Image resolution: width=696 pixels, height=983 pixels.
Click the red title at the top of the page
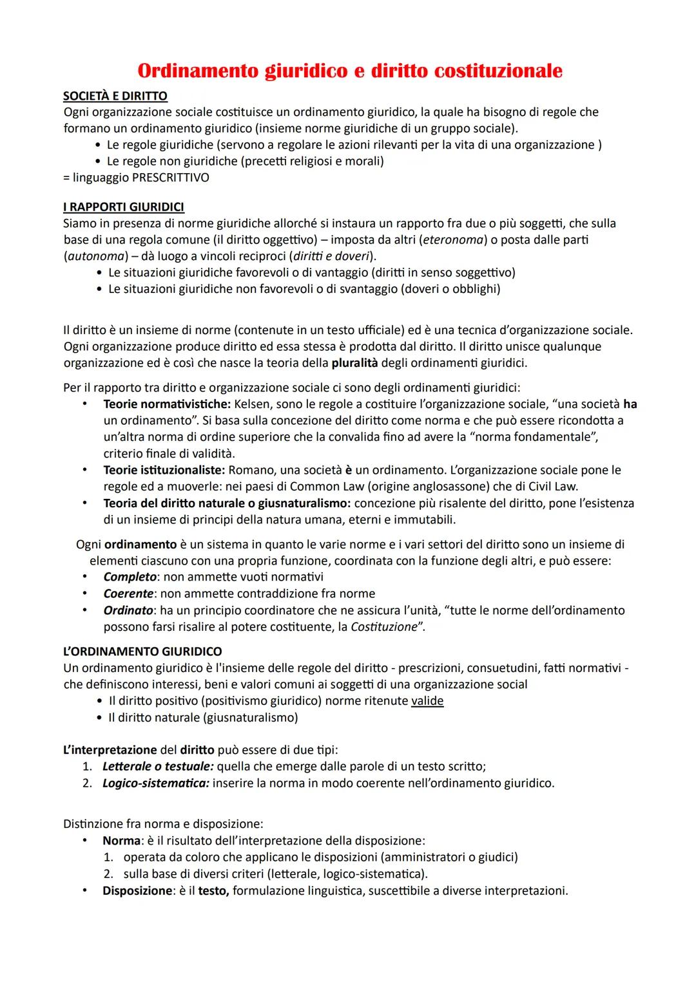pyautogui.click(x=350, y=70)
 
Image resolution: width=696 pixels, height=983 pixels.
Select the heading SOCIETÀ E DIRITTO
pyautogui.click(x=115, y=96)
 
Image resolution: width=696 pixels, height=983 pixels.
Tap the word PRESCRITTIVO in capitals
pyautogui.click(x=170, y=177)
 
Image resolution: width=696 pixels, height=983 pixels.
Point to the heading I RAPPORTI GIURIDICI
pyautogui.click(x=124, y=207)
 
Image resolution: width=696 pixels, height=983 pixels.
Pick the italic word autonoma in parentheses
pyautogui.click(x=93, y=256)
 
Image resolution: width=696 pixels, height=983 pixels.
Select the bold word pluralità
pyautogui.click(x=354, y=362)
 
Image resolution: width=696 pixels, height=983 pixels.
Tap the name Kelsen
pyautogui.click(x=254, y=404)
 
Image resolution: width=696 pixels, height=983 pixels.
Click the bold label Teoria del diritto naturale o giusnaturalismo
pyautogui.click(x=227, y=503)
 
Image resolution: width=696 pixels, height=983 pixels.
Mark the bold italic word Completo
pyautogui.click(x=130, y=577)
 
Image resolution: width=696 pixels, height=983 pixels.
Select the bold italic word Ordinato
pyautogui.click(x=128, y=610)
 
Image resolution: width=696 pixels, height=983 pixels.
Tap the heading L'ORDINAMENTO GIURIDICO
pyautogui.click(x=142, y=651)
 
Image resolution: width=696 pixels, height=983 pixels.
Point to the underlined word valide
pyautogui.click(x=427, y=700)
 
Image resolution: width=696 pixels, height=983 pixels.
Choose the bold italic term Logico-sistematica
pyautogui.click(x=155, y=783)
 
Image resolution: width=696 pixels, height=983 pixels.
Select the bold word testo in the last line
pyautogui.click(x=213, y=891)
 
